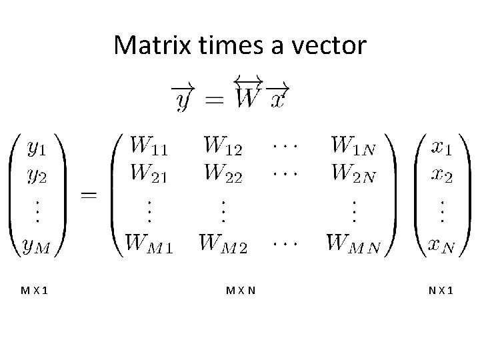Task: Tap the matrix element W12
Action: coord(222,144)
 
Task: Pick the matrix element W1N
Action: coord(353,144)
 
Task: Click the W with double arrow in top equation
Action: coord(248,97)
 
